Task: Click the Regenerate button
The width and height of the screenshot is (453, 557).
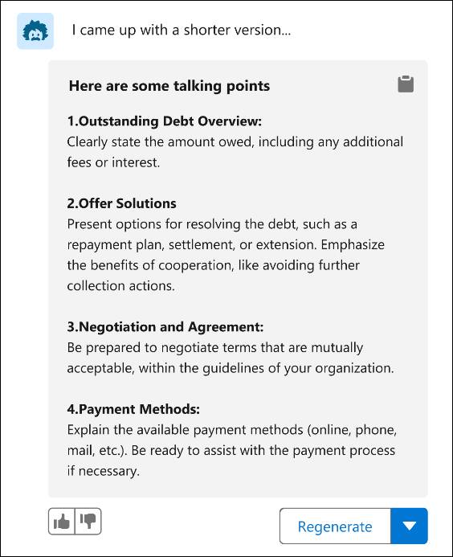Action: (334, 526)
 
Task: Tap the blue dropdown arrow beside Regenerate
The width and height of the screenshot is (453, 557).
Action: (409, 526)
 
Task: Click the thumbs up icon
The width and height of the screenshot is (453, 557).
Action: (62, 522)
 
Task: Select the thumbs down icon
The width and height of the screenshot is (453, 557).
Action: (88, 522)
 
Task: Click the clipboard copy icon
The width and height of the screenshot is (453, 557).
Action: (406, 84)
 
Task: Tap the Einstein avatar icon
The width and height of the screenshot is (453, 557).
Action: (35, 31)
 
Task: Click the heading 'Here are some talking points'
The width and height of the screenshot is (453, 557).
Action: (169, 86)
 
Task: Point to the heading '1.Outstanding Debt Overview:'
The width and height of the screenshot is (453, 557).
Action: (164, 121)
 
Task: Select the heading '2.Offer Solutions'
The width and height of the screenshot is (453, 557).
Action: (121, 203)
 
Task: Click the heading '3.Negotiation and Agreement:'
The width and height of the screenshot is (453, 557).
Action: (165, 327)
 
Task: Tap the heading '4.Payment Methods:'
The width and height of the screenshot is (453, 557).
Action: (133, 409)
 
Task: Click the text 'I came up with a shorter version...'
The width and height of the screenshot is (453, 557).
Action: (181, 31)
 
